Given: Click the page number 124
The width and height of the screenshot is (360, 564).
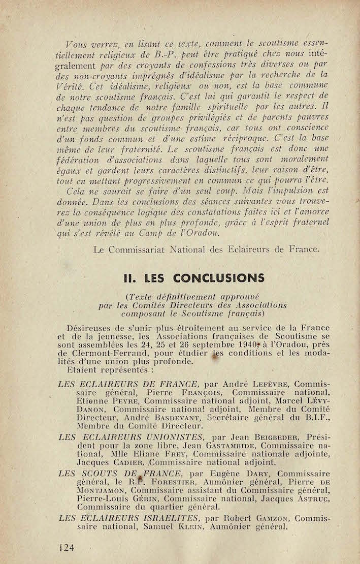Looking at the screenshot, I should coord(67,547).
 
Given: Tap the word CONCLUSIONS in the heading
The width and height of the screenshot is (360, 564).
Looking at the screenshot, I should coord(218,278).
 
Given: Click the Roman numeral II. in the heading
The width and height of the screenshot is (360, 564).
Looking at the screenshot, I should coord(133,278).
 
